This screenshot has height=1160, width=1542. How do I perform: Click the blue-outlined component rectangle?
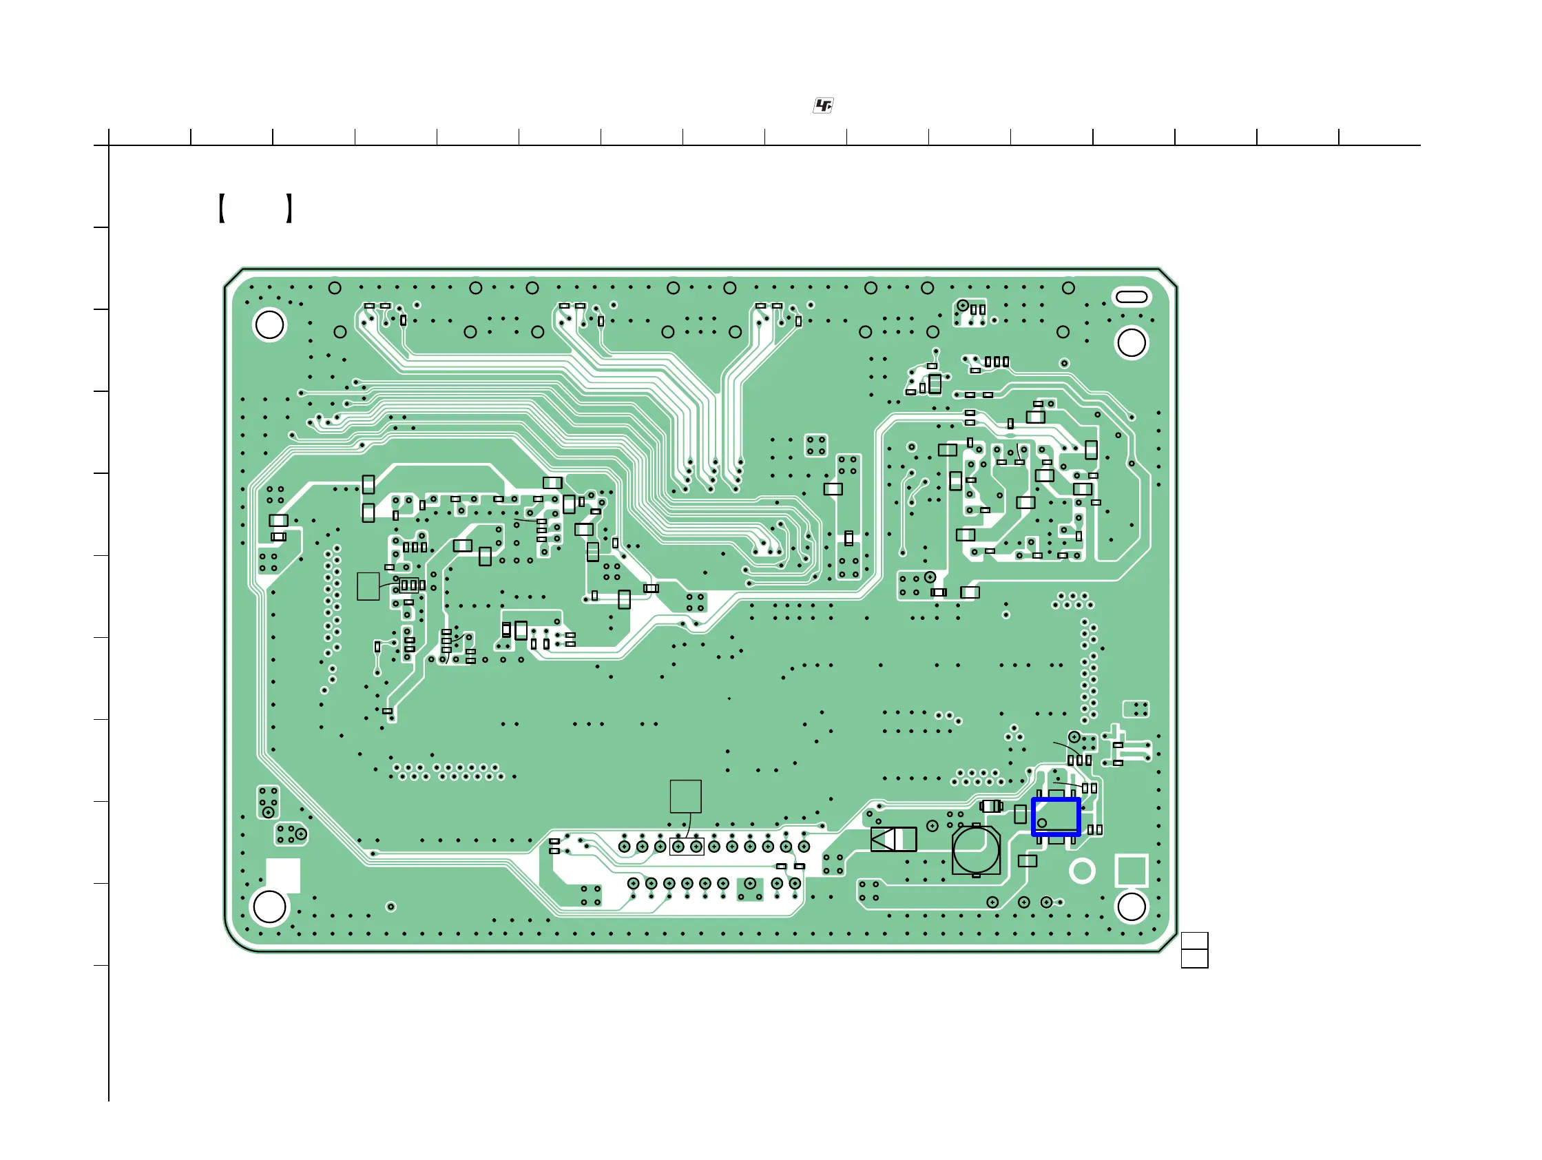coord(1055,816)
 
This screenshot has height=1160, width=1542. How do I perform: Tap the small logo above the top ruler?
coord(823,105)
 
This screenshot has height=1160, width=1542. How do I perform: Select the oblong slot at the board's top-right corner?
coord(1132,297)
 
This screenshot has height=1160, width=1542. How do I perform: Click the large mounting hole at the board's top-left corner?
coord(270,325)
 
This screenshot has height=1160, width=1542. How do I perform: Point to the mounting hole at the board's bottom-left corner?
coord(270,907)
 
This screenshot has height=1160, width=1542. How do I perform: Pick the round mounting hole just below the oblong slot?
coord(1131,343)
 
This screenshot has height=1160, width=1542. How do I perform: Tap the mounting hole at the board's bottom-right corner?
coord(1131,907)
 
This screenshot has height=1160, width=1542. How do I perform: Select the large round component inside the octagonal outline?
coord(976,850)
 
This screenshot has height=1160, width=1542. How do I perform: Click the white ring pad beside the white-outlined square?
coord(1082,871)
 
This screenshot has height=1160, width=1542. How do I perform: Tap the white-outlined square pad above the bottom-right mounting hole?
coord(1132,871)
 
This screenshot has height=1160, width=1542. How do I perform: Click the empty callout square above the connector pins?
coord(685,796)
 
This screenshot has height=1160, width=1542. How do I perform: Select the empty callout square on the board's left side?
coord(368,586)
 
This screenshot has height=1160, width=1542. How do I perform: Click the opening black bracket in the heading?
coord(221,209)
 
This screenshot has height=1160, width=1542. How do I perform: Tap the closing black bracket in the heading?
coord(289,209)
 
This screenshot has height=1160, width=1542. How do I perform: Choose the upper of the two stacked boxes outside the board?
coord(1194,940)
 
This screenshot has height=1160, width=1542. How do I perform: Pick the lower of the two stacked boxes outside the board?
coord(1194,959)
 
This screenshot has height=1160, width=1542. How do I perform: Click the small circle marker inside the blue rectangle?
coord(1041,822)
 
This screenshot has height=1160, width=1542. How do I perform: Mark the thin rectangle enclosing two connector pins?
coord(687,847)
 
